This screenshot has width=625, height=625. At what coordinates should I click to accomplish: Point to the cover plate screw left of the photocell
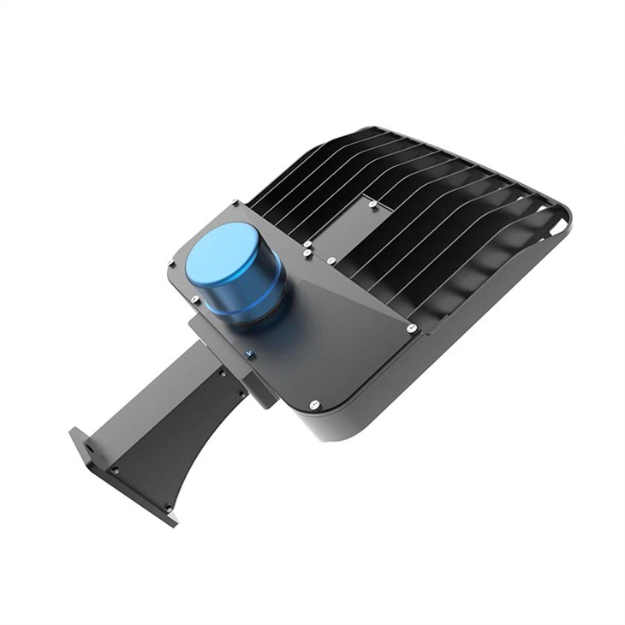point(196,300)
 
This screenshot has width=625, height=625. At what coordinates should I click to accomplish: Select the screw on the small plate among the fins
point(372,204)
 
